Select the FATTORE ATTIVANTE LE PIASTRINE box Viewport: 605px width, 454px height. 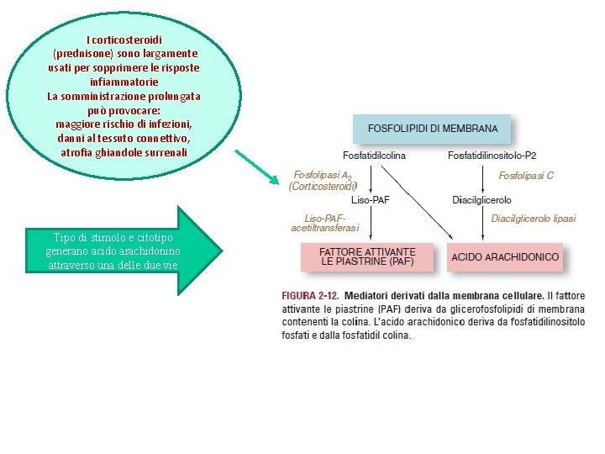pyautogui.click(x=367, y=256)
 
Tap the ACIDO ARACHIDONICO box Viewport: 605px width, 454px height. pyautogui.click(x=505, y=256)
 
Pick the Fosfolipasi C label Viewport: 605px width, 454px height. pyautogui.click(x=526, y=176)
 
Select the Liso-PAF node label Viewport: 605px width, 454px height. pyautogui.click(x=370, y=199)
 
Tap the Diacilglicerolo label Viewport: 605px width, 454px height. pyautogui.click(x=481, y=200)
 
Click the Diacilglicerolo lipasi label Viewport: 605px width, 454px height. pyautogui.click(x=534, y=219)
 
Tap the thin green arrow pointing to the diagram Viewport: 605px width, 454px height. pyautogui.click(x=255, y=166)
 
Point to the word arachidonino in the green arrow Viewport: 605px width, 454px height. pyautogui.click(x=150, y=251)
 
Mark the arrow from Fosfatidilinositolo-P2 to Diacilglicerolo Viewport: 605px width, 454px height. pyautogui.click(x=482, y=177)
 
